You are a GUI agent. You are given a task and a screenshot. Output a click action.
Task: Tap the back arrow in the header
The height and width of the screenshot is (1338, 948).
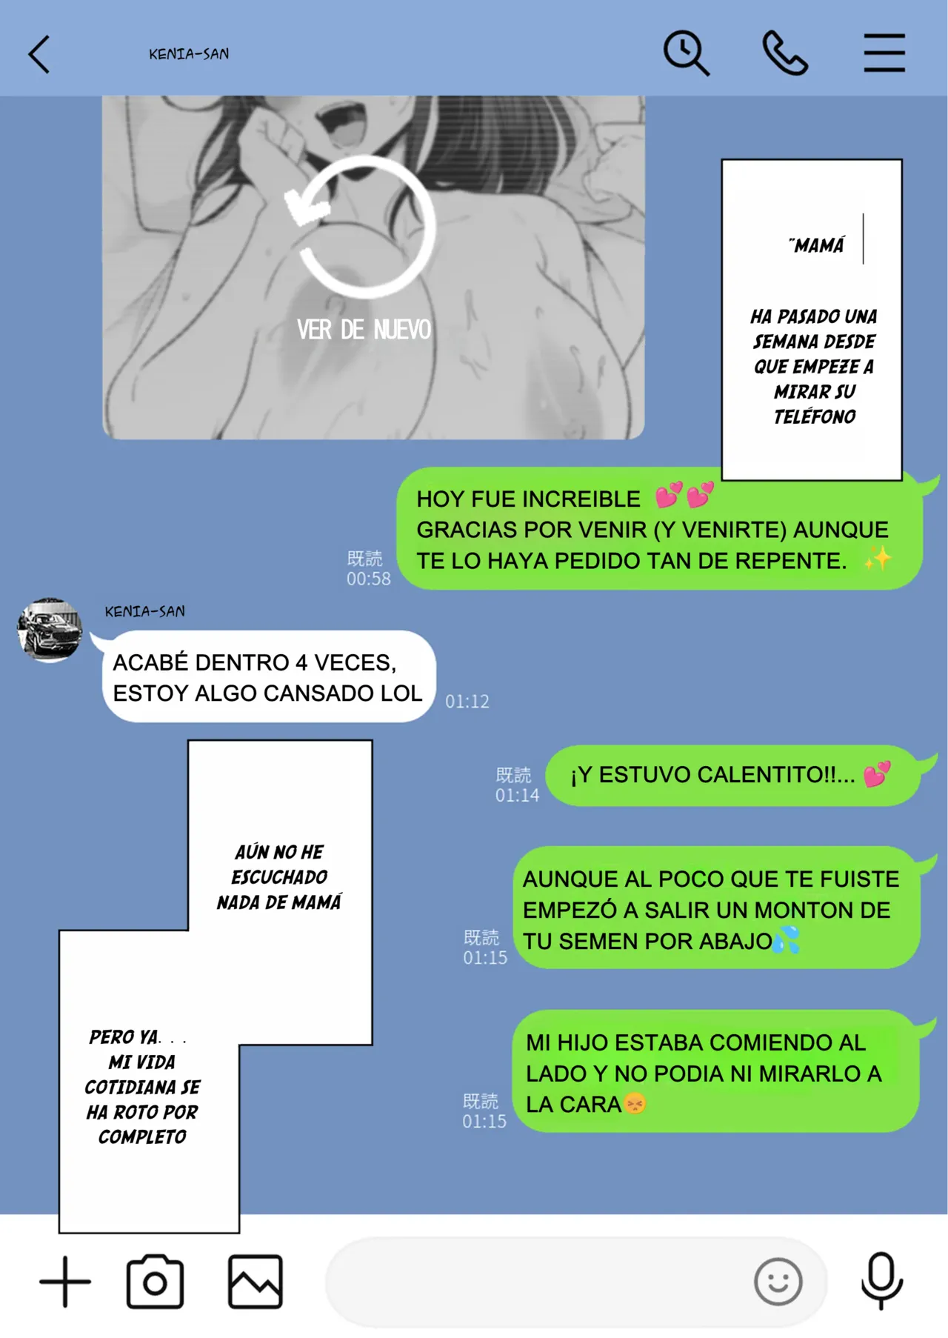(39, 54)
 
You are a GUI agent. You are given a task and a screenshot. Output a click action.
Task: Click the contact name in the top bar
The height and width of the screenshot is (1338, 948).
(189, 54)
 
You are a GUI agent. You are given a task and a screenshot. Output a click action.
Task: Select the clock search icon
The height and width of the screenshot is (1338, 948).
(686, 53)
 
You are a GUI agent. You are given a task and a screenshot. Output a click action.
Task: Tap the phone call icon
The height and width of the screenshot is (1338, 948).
(785, 53)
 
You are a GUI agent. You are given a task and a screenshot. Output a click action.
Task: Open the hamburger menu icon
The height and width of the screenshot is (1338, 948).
(884, 53)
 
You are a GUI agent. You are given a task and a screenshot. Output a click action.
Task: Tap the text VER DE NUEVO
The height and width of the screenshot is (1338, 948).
(364, 330)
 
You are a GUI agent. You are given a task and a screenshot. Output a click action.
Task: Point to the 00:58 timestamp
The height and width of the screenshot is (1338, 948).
(369, 579)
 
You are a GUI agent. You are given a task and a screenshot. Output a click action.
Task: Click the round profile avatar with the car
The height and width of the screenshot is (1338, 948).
(50, 630)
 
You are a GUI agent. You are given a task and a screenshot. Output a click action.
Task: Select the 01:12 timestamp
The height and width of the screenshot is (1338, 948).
(467, 702)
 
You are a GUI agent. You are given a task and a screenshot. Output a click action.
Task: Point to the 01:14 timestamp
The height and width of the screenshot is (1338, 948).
(517, 796)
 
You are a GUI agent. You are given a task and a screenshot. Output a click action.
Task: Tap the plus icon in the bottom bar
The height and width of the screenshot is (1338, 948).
(65, 1282)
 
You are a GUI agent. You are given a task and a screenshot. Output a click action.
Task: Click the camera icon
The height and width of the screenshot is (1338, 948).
(155, 1282)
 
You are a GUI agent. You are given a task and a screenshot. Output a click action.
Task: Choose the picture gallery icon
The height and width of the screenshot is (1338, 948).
(256, 1282)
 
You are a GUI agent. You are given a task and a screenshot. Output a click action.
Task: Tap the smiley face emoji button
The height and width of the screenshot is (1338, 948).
(778, 1282)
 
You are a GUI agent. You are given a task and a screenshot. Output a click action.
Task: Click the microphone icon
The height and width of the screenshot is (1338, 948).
(882, 1281)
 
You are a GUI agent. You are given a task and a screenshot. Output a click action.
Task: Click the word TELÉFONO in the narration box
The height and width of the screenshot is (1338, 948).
(815, 417)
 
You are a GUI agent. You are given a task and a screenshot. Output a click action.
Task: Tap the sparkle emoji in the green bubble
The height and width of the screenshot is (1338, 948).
(878, 559)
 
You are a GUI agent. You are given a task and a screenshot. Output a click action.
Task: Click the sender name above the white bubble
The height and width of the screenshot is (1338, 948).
(145, 612)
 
